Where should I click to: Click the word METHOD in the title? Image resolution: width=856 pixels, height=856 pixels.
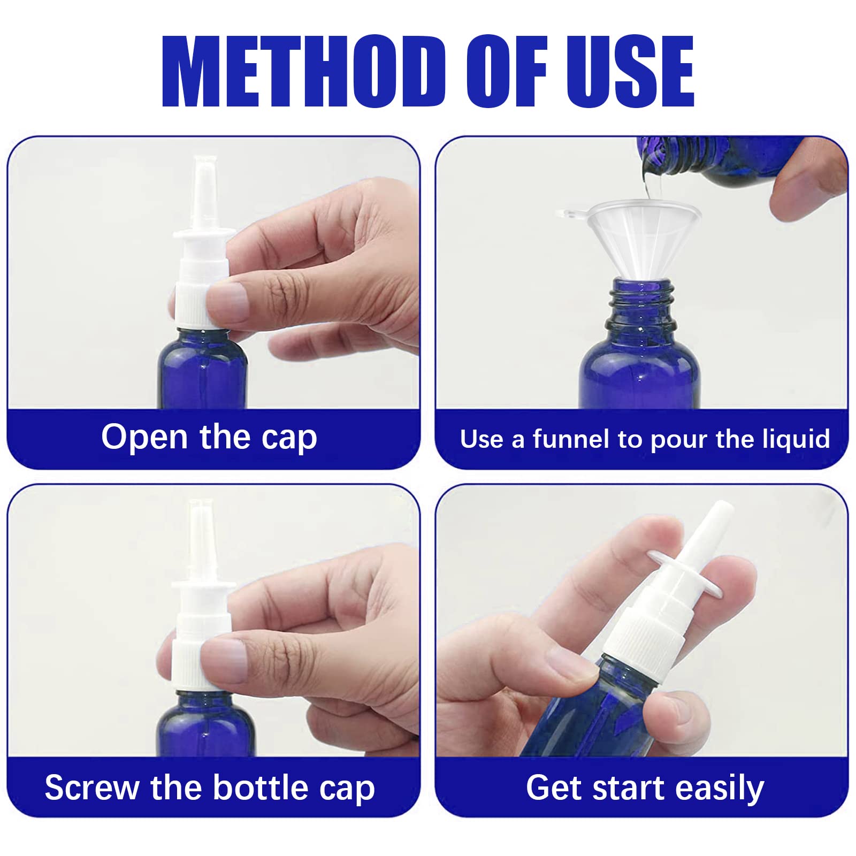pyautogui.click(x=303, y=71)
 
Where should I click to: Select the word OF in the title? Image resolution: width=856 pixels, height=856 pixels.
pyautogui.click(x=507, y=71)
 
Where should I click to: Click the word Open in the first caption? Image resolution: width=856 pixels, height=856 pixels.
pyautogui.click(x=144, y=437)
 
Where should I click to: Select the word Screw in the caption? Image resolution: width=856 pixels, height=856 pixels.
pyautogui.click(x=91, y=788)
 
